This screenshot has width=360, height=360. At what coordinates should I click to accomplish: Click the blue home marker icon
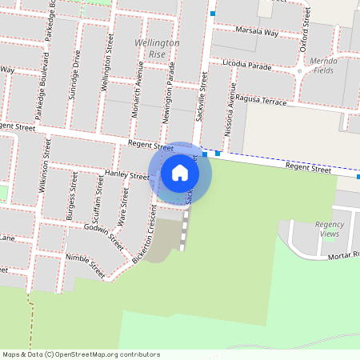tap(180, 172)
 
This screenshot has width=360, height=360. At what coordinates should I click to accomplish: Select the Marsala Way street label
tap(258, 33)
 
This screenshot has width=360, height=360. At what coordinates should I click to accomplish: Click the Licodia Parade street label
tap(248, 65)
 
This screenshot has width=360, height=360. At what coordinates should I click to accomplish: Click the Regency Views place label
tap(327, 229)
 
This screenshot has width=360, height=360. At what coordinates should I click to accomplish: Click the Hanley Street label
tap(127, 174)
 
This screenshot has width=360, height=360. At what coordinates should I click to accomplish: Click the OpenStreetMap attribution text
tap(79, 354)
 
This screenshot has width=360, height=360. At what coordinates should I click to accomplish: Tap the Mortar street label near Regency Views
tap(344, 256)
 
